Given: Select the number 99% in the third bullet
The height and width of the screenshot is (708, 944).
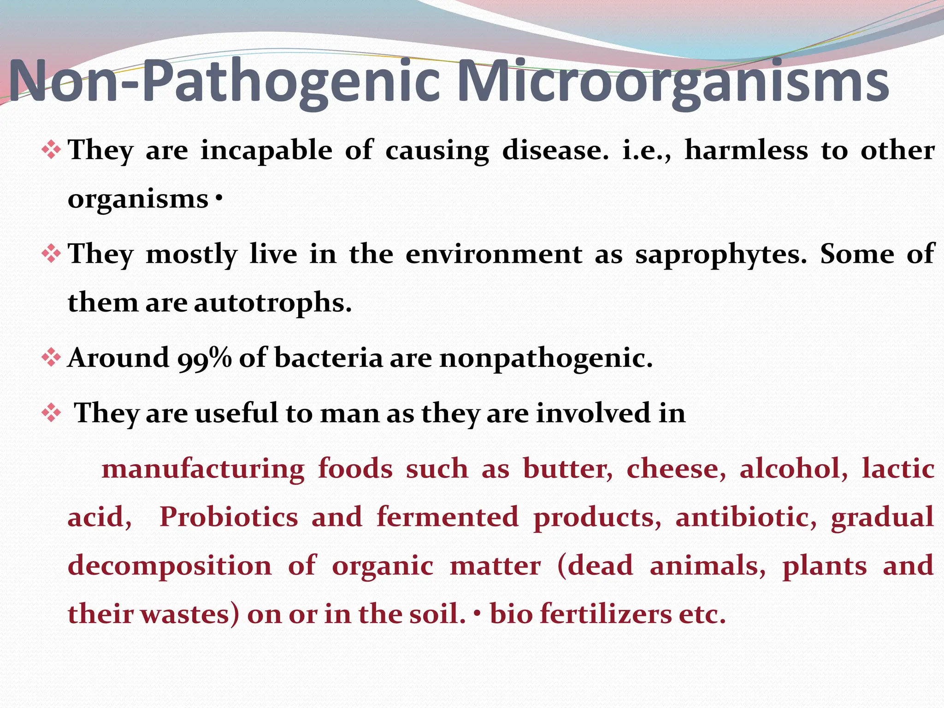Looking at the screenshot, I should point(205,359).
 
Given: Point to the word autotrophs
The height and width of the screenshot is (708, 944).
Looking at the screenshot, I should point(272,303).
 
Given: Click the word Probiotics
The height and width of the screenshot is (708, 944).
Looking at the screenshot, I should point(229,517).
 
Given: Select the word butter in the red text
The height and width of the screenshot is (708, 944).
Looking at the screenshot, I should point(568,469).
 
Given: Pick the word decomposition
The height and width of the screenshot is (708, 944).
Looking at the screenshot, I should point(170,566).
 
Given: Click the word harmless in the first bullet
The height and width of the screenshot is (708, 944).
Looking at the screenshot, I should point(746,151).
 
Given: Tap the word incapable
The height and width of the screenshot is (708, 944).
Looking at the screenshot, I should point(266,151).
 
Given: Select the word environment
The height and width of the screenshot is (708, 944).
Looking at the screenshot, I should point(494,254).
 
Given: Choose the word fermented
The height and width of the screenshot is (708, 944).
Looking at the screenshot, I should point(448,517).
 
